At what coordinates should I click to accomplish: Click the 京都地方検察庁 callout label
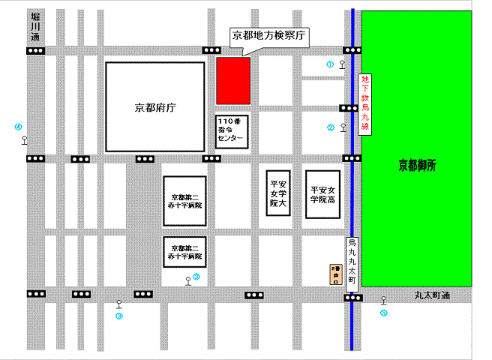point(268,35)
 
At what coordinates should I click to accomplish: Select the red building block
point(233,79)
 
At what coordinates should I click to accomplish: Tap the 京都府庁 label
point(154,107)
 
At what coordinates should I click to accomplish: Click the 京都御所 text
point(417,166)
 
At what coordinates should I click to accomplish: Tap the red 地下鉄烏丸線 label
point(365,103)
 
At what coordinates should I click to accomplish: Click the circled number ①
point(329,64)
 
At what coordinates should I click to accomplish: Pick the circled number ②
point(330,127)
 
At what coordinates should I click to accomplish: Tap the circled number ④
point(18,127)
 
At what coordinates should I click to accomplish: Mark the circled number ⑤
point(383,313)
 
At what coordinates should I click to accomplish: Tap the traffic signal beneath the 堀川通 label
point(35,50)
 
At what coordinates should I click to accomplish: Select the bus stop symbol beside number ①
point(343,64)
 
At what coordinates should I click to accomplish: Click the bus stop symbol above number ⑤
point(383,300)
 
